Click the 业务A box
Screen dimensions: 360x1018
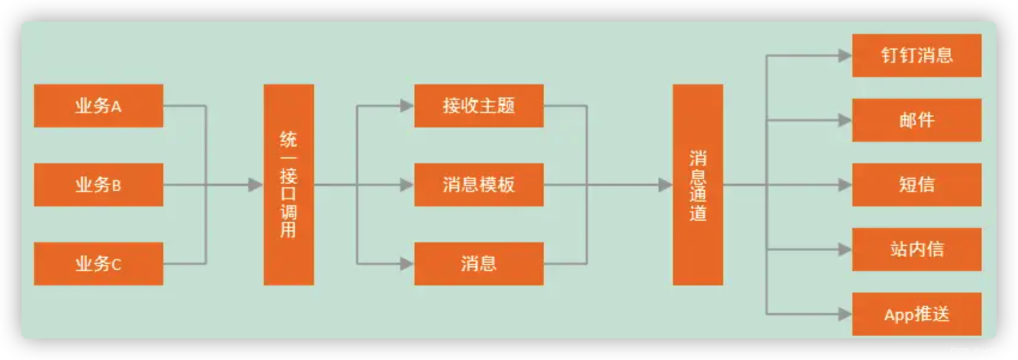click(98, 106)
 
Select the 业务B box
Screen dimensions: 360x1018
click(98, 185)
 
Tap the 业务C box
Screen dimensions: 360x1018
click(98, 264)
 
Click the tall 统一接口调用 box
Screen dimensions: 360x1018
click(288, 185)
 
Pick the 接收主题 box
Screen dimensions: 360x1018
click(478, 106)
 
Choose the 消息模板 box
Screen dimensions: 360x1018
click(478, 185)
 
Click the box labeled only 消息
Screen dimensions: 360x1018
click(478, 264)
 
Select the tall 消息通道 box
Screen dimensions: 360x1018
click(697, 185)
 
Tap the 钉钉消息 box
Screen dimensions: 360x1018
click(916, 56)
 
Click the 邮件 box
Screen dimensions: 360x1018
click(916, 120)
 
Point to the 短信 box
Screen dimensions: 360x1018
click(916, 185)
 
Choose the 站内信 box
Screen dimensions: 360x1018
click(916, 249)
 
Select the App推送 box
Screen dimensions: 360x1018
click(916, 314)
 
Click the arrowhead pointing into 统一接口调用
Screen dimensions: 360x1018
click(256, 185)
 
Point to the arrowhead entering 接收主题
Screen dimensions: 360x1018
click(407, 106)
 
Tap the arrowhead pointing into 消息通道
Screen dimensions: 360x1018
click(665, 185)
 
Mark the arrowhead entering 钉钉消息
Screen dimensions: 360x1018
click(845, 56)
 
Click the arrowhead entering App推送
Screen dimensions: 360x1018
click(845, 314)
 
